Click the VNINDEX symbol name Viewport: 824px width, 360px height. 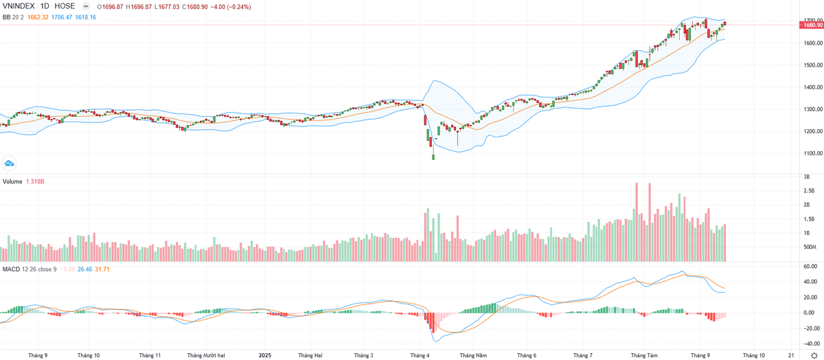pyautogui.click(x=20, y=6)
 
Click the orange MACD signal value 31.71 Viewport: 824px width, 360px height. pyautogui.click(x=100, y=269)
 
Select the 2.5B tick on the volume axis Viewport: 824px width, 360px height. pyautogui.click(x=809, y=190)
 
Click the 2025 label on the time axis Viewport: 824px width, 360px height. pyautogui.click(x=266, y=355)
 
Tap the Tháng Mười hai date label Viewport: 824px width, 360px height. pyautogui.click(x=207, y=355)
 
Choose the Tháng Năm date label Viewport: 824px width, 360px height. pyautogui.click(x=473, y=355)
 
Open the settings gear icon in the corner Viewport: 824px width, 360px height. pyautogui.click(x=813, y=355)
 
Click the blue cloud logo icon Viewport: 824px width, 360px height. pyautogui.click(x=9, y=163)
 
